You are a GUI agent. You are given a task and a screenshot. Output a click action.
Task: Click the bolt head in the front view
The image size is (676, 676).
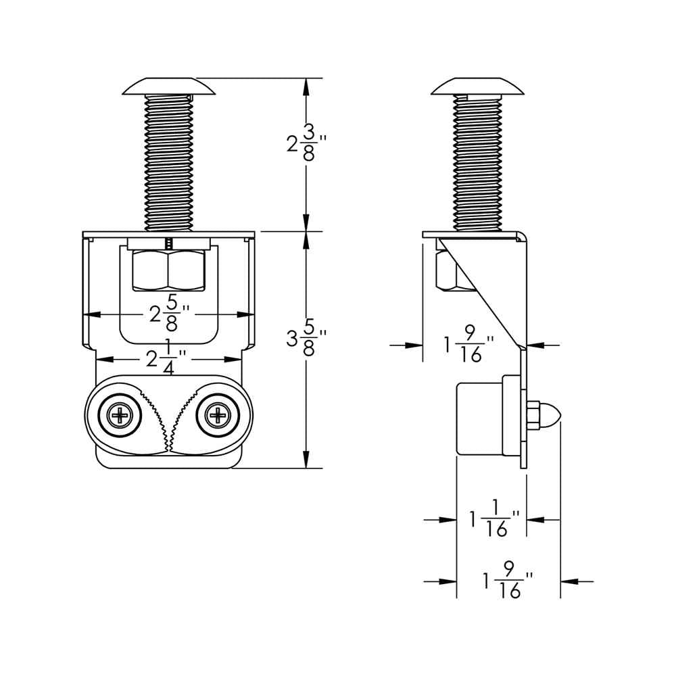point(169,86)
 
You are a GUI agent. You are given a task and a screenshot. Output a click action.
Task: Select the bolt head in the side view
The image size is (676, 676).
point(479,86)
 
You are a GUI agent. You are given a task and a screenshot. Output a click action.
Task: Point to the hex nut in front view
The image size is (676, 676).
point(169,270)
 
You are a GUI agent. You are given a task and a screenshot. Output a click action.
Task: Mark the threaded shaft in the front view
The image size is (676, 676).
point(169,162)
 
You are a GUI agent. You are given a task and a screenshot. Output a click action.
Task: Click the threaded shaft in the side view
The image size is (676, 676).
point(479,162)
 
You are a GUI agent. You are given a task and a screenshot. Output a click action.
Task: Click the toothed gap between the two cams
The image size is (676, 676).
point(170,419)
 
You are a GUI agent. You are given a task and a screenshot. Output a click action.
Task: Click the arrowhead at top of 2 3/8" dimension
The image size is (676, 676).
point(306,84)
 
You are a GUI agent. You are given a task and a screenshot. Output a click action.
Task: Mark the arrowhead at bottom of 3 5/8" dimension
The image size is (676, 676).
point(306,461)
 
